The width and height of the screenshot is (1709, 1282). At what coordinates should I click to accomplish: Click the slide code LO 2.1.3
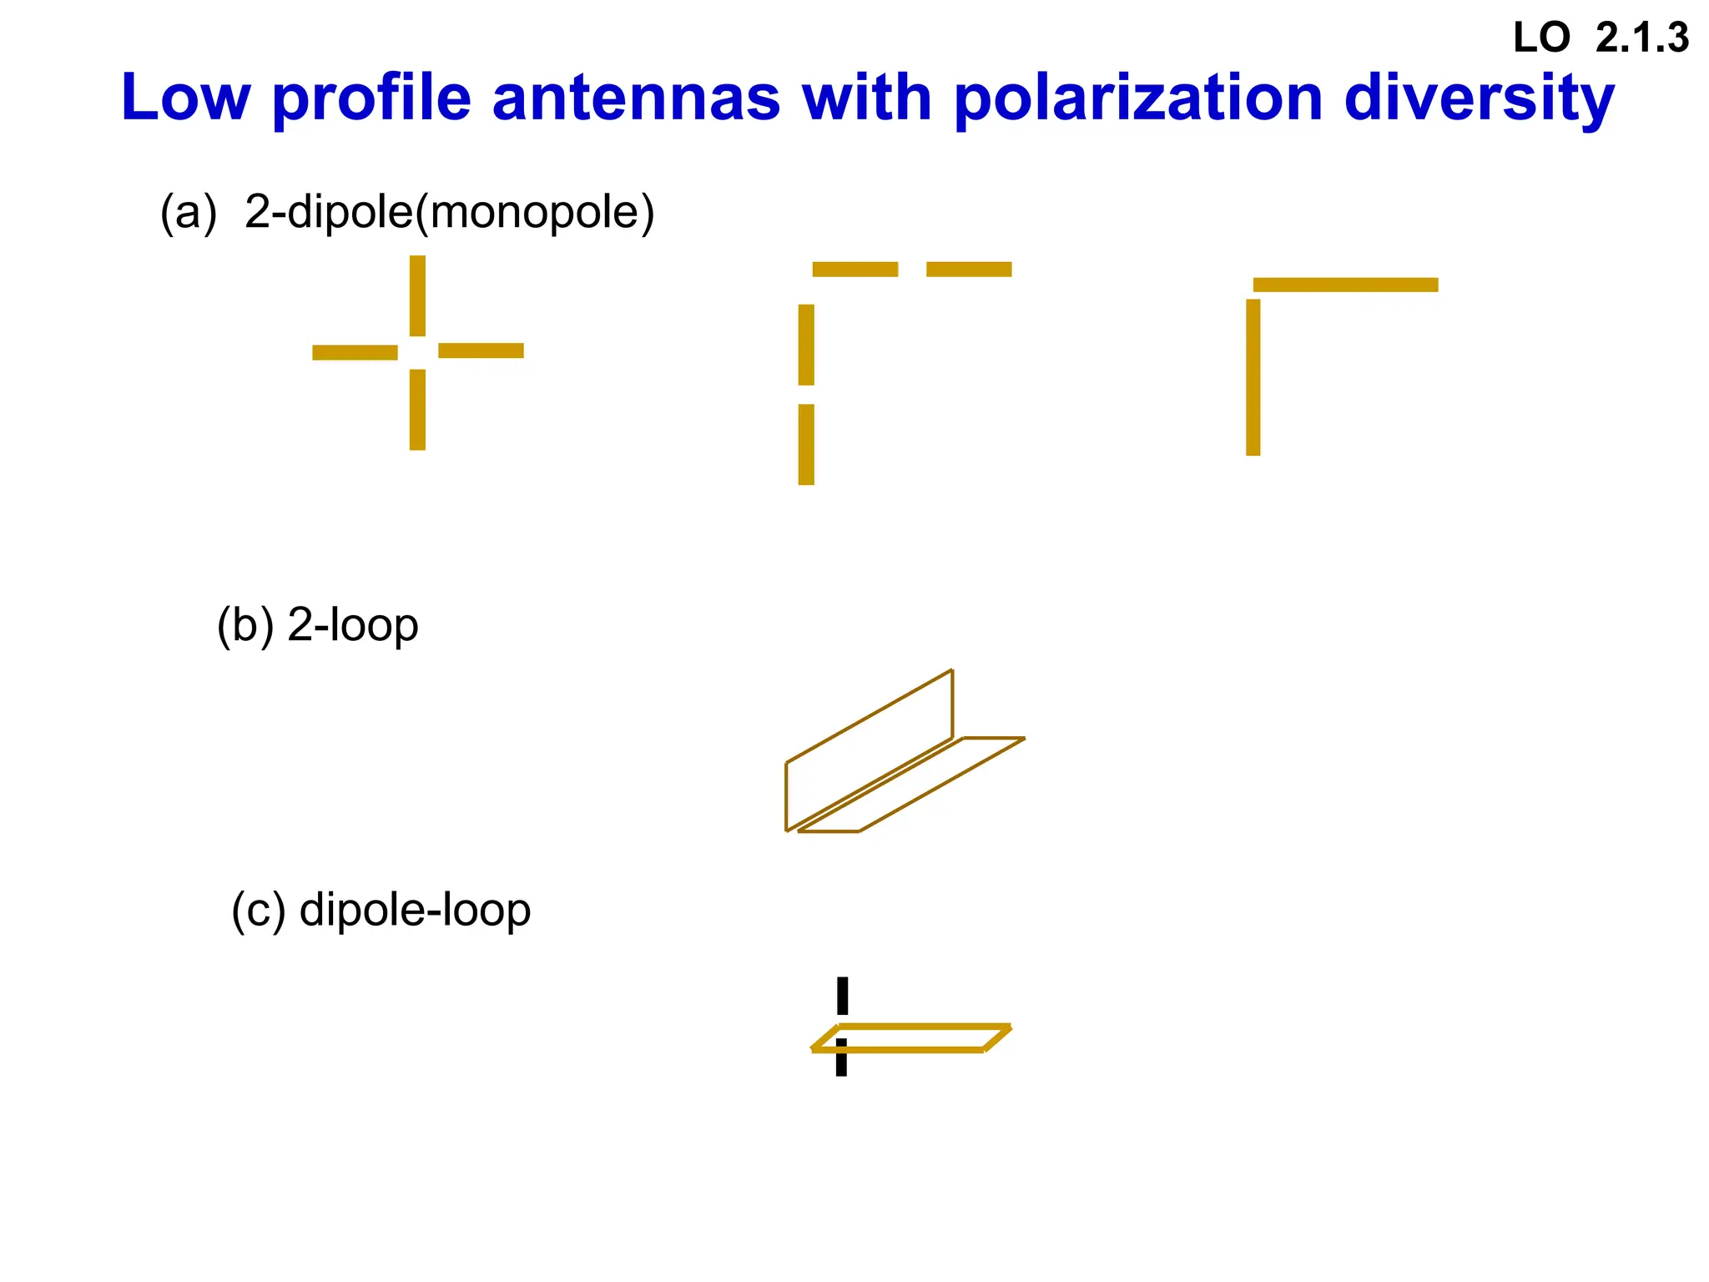[1601, 38]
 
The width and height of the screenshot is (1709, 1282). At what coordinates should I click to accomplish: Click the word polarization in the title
[1138, 98]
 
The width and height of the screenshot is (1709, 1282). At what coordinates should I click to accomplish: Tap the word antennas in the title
[636, 98]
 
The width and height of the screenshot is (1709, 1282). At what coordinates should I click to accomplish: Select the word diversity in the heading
[1479, 98]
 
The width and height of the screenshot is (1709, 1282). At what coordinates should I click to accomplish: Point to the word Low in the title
[185, 98]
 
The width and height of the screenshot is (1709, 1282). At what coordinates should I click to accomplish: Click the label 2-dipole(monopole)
[449, 212]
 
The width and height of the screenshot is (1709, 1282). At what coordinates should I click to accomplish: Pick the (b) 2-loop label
[317, 625]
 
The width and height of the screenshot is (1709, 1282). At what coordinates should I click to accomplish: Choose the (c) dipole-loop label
[381, 910]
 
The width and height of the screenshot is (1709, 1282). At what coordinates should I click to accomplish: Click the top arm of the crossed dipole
[417, 295]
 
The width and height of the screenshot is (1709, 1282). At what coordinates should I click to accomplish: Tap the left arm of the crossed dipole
[355, 352]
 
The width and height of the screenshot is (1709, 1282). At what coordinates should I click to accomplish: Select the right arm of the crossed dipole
[481, 351]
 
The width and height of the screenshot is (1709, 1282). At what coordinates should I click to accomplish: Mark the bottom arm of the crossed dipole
[417, 410]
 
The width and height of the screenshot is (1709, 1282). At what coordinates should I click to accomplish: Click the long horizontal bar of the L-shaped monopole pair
[1345, 285]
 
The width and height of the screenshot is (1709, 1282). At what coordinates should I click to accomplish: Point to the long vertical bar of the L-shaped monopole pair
[1253, 377]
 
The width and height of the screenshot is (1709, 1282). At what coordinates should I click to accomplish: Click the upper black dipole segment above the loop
[842, 995]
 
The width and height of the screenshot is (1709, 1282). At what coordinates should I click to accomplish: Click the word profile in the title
[371, 98]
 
